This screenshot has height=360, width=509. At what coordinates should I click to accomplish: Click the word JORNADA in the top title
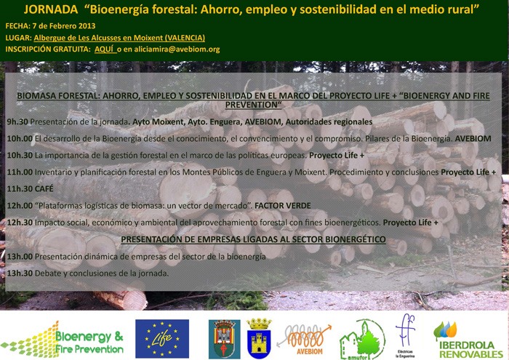click(51, 9)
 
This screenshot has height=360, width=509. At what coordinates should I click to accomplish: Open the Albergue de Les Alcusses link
click(119, 38)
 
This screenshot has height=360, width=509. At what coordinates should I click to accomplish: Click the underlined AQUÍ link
click(105, 49)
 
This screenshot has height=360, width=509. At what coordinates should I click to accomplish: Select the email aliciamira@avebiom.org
click(177, 49)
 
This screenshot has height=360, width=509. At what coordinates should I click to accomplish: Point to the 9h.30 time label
click(17, 121)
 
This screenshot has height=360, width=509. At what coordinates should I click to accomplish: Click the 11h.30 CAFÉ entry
click(31, 188)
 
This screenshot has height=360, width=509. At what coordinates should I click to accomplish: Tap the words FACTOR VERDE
click(282, 206)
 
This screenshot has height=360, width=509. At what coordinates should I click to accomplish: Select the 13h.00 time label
click(20, 257)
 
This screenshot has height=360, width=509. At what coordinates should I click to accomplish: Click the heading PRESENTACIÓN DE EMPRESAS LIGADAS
click(253, 239)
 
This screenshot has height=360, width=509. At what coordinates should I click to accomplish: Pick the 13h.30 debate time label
click(20, 273)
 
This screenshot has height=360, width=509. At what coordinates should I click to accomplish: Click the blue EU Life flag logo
click(162, 339)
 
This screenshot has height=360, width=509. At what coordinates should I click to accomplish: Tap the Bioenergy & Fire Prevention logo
click(63, 340)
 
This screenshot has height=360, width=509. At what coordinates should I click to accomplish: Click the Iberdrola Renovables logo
click(468, 340)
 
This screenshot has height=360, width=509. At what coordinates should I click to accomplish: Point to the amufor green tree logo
click(362, 340)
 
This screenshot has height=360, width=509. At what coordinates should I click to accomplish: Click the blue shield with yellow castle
click(259, 338)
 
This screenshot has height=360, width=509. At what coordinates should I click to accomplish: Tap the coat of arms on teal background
click(224, 339)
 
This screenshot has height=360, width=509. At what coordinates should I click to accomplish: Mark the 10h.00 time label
click(20, 139)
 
